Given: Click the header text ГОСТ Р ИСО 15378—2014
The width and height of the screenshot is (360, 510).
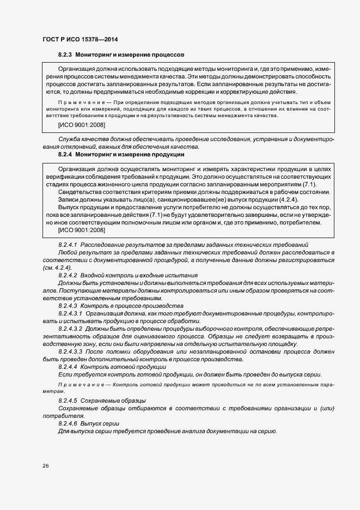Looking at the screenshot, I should tap(80, 39).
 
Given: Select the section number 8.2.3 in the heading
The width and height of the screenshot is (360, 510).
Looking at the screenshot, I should tap(65, 55).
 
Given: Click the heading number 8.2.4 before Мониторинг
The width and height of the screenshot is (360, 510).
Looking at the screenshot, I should tap(65, 155).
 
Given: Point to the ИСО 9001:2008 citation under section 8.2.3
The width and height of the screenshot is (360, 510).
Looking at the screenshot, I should tap(82, 125).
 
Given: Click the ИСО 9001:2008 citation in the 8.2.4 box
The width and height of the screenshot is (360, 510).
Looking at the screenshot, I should tap(82, 230).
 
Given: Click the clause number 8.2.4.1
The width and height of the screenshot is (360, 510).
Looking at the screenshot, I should tap(68, 245).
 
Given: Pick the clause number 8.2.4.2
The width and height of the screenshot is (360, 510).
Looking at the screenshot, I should tap(68, 276).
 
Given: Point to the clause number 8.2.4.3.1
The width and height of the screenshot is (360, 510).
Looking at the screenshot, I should tap(70, 314).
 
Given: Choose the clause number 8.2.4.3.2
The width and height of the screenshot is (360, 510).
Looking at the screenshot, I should tap(70, 329).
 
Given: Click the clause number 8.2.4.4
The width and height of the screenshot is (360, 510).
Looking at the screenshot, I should tap(68, 367).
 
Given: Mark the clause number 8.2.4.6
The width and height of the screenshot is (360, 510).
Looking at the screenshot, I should tap(68, 424).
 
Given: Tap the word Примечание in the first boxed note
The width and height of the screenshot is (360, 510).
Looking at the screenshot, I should tap(77, 102).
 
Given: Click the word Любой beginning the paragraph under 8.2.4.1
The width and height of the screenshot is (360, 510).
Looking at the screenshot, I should tap(68, 253).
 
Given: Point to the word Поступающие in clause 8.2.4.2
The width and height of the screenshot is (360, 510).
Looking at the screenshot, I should tap(75, 292).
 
